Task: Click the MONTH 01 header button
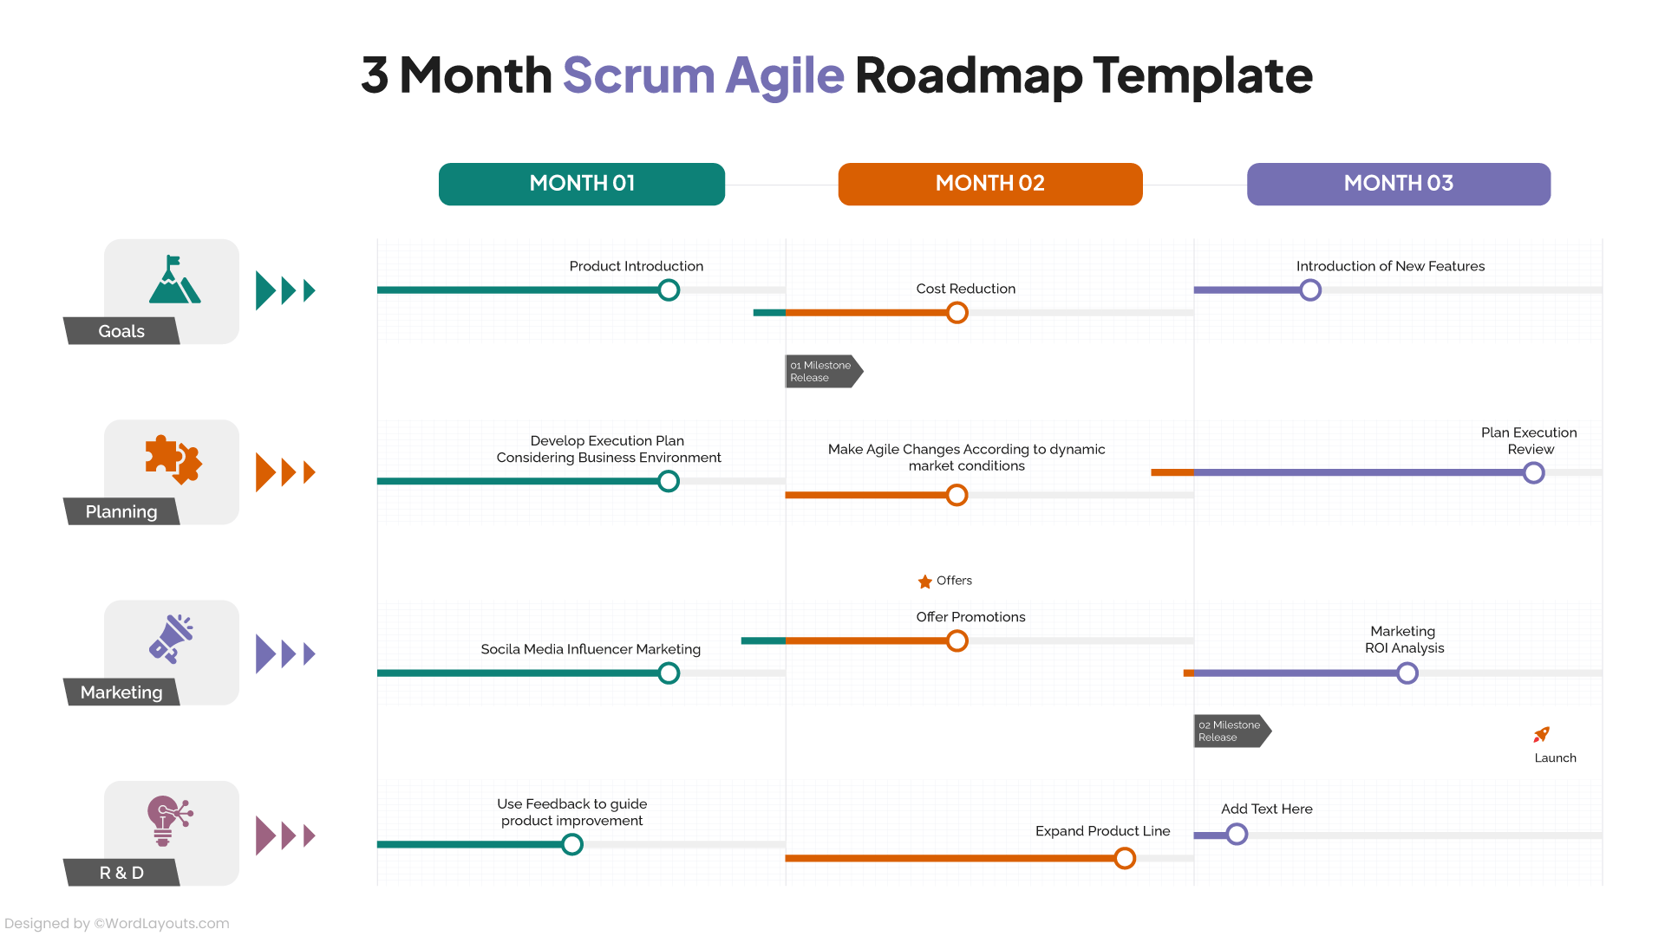[581, 184]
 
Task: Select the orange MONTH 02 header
[989, 184]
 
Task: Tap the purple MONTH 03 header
[1398, 184]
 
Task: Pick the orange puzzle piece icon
[173, 458]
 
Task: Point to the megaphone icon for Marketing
[172, 640]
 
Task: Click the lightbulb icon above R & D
[168, 820]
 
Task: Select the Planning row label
[121, 511]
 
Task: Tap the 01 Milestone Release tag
[822, 372]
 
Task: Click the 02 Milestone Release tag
[1231, 731]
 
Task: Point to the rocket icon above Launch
[1541, 735]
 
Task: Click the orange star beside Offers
[925, 582]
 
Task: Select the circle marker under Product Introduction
[669, 290]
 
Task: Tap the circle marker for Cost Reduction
[957, 313]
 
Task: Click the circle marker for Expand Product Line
[1125, 858]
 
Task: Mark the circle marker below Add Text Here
[1237, 835]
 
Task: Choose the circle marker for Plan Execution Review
[1533, 473]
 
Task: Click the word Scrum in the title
[638, 75]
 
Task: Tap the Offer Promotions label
[970, 617]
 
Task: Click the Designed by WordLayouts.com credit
[117, 924]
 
